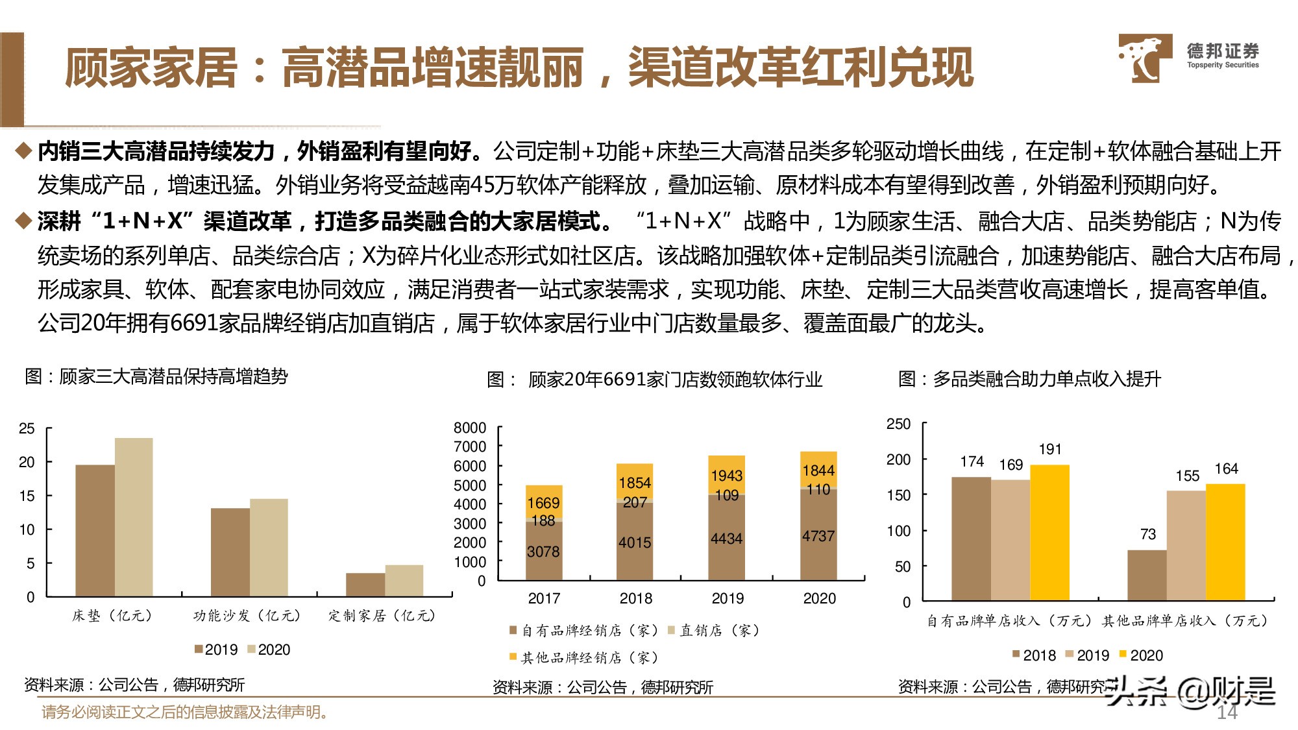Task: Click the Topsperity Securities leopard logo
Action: [1144, 58]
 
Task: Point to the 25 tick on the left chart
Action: [27, 428]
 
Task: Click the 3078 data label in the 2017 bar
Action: [543, 552]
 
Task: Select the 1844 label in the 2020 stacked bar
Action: [818, 470]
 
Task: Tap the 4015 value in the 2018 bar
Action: [635, 542]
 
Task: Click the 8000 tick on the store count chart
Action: [470, 428]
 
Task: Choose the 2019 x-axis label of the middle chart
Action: [728, 598]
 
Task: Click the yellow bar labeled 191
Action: [1049, 532]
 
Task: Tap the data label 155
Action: [1187, 476]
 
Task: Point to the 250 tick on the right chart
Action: [898, 424]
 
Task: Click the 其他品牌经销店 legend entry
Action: [584, 657]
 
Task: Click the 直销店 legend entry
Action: [714, 630]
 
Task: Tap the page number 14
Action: [1227, 712]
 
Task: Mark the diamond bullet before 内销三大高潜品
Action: [24, 151]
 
